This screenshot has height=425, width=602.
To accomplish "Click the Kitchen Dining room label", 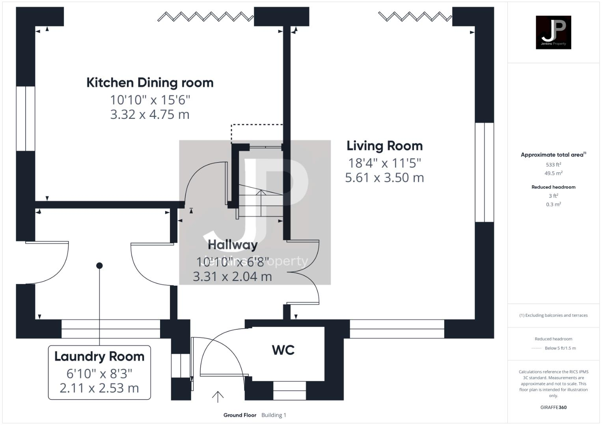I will pyautogui.click(x=150, y=83).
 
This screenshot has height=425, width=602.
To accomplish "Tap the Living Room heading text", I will pyautogui.click(x=384, y=146).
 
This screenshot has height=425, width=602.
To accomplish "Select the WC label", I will pyautogui.click(x=283, y=350).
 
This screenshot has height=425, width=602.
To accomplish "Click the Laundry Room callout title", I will pyautogui.click(x=99, y=357).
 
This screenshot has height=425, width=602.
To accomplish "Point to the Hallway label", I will pyautogui.click(x=233, y=245).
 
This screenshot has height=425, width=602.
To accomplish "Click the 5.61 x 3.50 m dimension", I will pyautogui.click(x=384, y=177).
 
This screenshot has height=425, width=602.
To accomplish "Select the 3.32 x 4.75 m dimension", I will pyautogui.click(x=150, y=115).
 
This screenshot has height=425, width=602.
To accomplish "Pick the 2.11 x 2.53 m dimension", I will pyautogui.click(x=99, y=388).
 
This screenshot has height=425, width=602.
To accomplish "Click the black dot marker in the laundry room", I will pyautogui.click(x=99, y=266).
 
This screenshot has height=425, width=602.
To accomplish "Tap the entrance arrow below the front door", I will pyautogui.click(x=218, y=397).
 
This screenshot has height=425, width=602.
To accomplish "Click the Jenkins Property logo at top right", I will pyautogui.click(x=553, y=32).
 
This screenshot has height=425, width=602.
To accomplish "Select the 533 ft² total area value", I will pyautogui.click(x=553, y=164).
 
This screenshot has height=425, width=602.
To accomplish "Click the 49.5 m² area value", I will pyautogui.click(x=553, y=173).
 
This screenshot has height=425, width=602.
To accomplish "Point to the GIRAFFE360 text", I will pyautogui.click(x=553, y=407).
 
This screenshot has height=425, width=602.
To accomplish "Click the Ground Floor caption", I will pyautogui.click(x=240, y=415).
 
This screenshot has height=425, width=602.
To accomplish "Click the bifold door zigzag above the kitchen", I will pyautogui.click(x=205, y=17).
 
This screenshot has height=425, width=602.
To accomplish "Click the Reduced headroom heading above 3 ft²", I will pyautogui.click(x=553, y=187).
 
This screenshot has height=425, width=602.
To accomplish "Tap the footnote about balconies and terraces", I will pyautogui.click(x=553, y=315).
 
